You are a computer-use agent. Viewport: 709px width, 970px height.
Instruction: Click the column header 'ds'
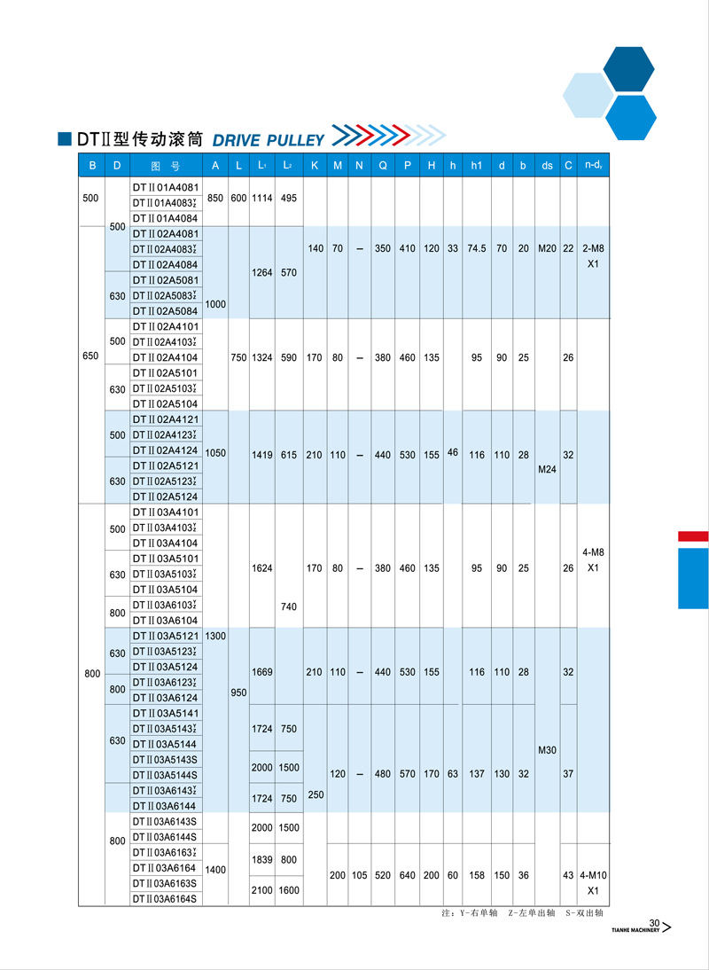pyautogui.click(x=547, y=166)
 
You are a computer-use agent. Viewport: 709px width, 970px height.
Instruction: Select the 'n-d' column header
pyautogui.click(x=593, y=166)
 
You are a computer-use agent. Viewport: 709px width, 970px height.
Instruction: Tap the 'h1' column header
pyautogui.click(x=477, y=166)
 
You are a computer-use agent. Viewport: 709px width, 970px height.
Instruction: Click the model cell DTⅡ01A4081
pyautogui.click(x=166, y=187)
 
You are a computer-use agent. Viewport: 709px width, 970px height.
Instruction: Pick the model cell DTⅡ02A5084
pyautogui.click(x=166, y=311)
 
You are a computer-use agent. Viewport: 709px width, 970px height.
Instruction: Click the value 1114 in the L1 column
pyautogui.click(x=262, y=199)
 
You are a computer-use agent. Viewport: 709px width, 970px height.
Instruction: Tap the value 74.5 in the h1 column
pyautogui.click(x=477, y=249)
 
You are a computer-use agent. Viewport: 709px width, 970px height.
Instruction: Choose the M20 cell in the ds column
pyautogui.click(x=547, y=249)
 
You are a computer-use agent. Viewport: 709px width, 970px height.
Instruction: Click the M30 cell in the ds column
pyautogui.click(x=547, y=751)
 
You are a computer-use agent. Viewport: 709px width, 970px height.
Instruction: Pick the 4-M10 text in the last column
pyautogui.click(x=593, y=875)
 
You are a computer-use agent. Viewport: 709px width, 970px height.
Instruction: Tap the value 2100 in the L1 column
pyautogui.click(x=262, y=890)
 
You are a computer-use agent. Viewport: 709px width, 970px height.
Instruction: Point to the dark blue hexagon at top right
pyautogui.click(x=628, y=69)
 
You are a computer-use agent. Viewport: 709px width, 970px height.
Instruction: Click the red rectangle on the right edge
pyautogui.click(x=693, y=536)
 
